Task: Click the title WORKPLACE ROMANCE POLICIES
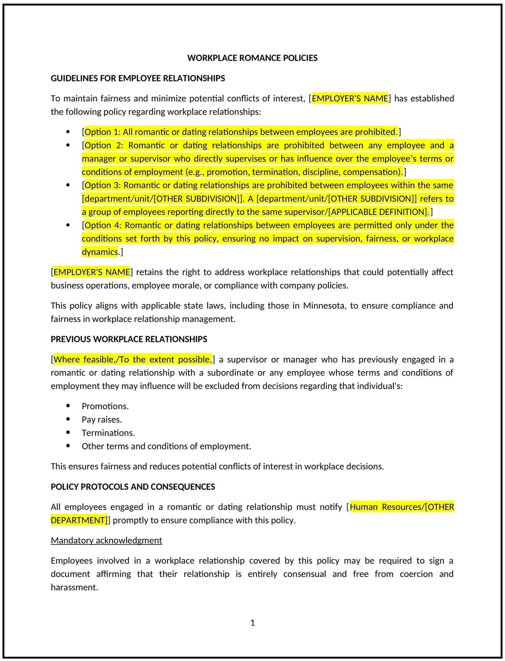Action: [x=252, y=58]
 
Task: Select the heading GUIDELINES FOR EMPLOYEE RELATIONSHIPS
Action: [x=138, y=78]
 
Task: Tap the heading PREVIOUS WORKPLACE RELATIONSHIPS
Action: [x=129, y=339]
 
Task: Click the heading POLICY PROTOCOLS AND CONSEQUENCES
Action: [x=133, y=487]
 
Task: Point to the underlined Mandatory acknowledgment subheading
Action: [x=106, y=541]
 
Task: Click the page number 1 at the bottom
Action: [x=252, y=623]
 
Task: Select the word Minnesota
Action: [x=324, y=306]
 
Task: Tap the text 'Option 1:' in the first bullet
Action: [x=102, y=132]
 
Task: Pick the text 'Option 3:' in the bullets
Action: [x=103, y=186]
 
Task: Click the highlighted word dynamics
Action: [x=100, y=252]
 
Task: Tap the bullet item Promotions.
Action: [x=105, y=406]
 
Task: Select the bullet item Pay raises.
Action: [x=101, y=420]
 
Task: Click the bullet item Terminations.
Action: [x=108, y=433]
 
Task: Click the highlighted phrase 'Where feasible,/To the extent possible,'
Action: [x=132, y=359]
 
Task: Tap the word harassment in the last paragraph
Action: [x=74, y=588]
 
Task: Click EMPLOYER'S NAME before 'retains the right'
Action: [x=92, y=272]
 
